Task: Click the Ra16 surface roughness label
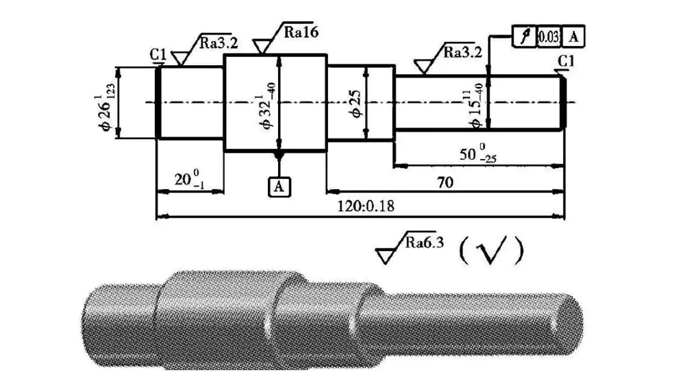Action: (x=301, y=32)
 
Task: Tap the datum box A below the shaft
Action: (x=278, y=185)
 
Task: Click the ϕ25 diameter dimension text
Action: (x=356, y=104)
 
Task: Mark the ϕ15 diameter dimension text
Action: (x=475, y=103)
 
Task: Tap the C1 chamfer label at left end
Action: (x=159, y=54)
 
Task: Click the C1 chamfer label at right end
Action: (x=565, y=63)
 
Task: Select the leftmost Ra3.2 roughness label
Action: (x=219, y=43)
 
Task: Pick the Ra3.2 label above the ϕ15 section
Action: (x=462, y=52)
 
